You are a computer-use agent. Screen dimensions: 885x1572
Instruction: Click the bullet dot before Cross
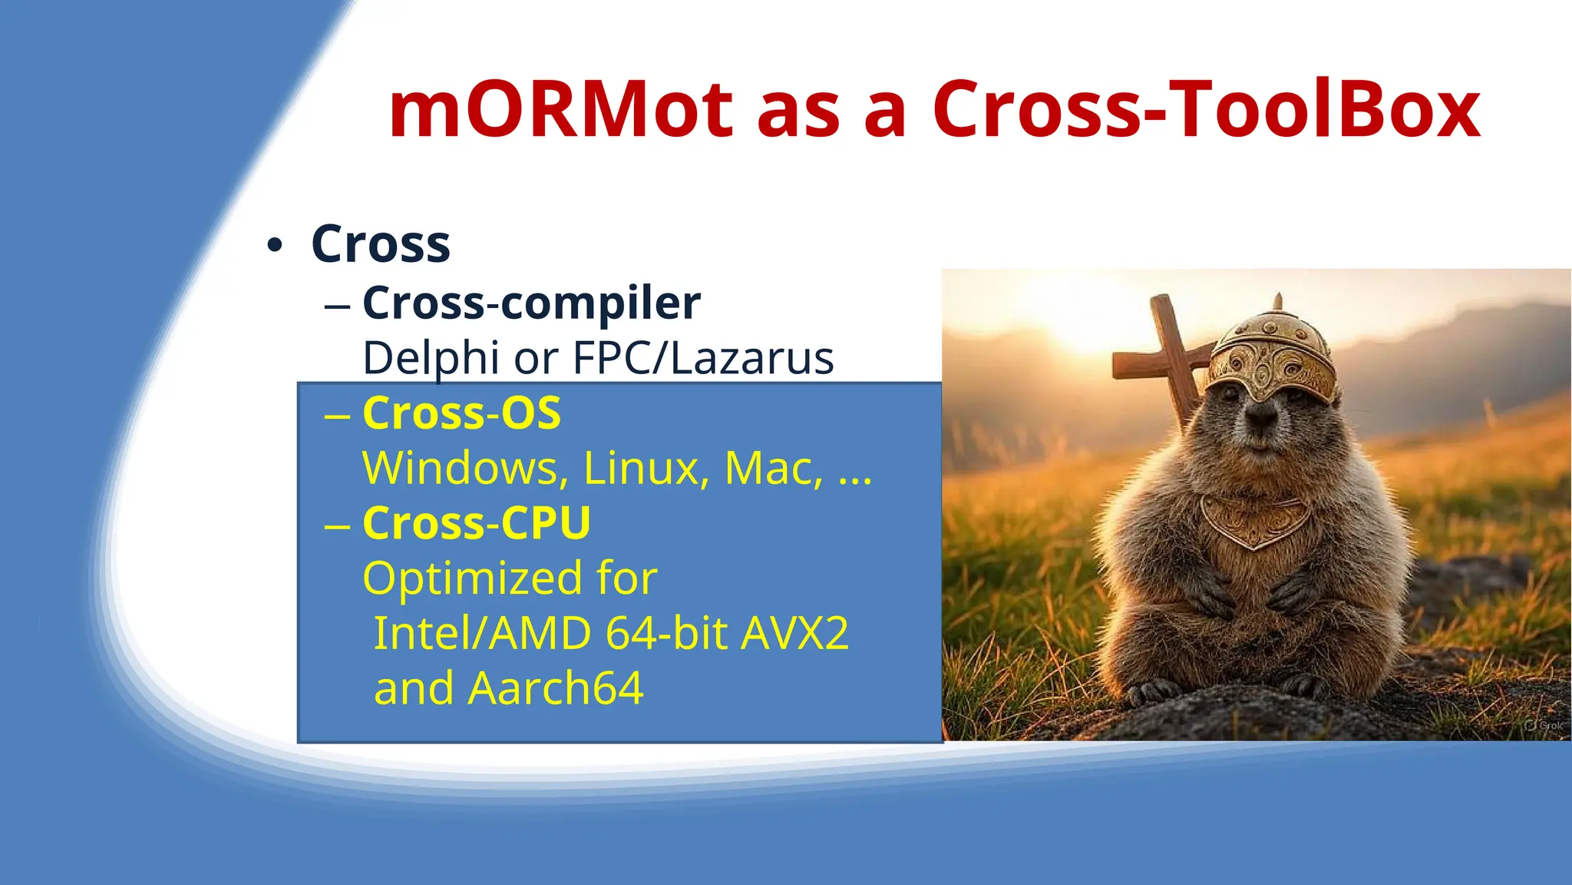tap(274, 246)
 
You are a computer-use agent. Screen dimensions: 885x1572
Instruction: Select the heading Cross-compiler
tap(531, 303)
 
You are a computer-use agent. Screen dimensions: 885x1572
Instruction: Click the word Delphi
tap(430, 358)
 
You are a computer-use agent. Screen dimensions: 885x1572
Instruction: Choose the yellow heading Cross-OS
tap(461, 413)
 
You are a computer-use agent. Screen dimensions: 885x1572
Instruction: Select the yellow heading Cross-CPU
tap(476, 523)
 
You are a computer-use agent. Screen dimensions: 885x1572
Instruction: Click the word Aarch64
tap(556, 688)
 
